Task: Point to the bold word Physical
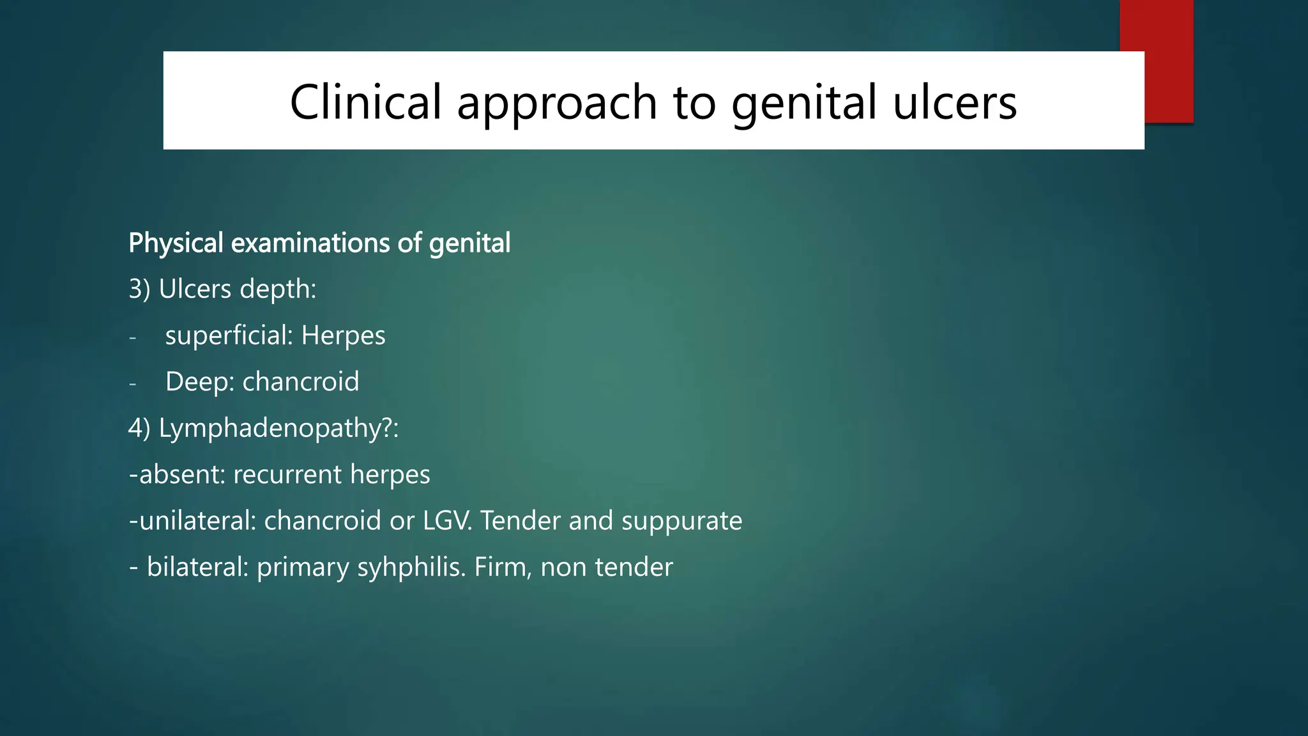[176, 243]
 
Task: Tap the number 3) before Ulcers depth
[139, 289]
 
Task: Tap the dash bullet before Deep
[133, 383]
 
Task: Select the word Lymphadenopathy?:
[278, 428]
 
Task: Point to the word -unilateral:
[192, 521]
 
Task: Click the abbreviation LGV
[446, 521]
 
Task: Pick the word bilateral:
[197, 567]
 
